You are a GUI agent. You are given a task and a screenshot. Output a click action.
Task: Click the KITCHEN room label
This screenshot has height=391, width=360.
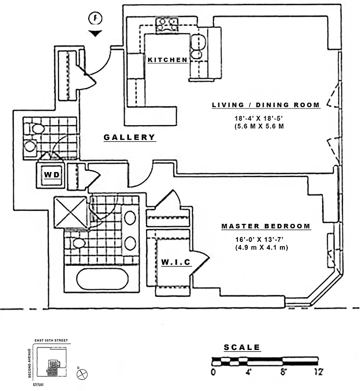[x=168, y=60]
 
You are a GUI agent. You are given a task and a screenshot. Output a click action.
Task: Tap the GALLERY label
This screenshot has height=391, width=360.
[x=129, y=137]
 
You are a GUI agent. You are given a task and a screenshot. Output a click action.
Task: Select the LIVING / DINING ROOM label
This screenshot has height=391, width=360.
[x=265, y=105]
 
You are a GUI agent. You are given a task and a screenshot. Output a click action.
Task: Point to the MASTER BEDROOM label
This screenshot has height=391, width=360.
[x=266, y=226]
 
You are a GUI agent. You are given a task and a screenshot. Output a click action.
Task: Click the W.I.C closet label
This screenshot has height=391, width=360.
[x=176, y=263]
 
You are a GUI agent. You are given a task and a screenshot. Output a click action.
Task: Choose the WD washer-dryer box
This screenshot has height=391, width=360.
[x=51, y=174]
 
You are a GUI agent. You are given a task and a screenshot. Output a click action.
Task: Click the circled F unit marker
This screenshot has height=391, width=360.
[x=96, y=19]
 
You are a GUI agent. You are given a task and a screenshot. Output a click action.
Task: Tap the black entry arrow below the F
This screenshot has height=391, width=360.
[x=96, y=33]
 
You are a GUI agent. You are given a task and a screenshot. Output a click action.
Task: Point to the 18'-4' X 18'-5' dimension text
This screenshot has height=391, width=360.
[x=265, y=118]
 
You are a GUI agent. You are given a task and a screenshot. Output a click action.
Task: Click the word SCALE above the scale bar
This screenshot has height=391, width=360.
[x=242, y=348]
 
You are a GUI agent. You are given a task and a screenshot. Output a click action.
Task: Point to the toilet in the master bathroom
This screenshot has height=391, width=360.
[x=78, y=243]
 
